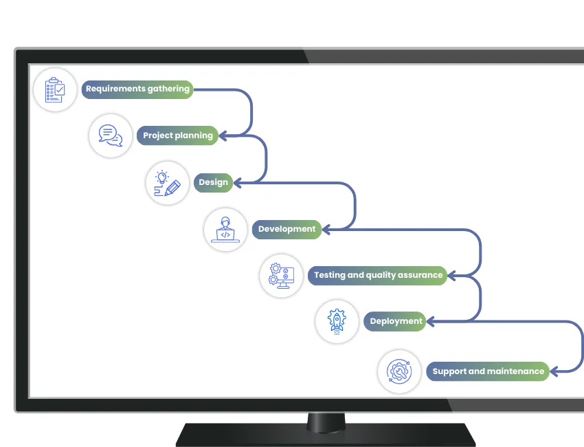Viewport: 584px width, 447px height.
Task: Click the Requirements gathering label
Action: pos(137,89)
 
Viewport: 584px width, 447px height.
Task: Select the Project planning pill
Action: pos(178,135)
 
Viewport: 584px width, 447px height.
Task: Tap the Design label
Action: pos(214,182)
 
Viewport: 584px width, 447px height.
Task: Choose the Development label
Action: pos(287,229)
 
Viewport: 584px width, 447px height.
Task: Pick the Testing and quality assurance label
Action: pos(378,276)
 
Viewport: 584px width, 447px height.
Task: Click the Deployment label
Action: pos(395,321)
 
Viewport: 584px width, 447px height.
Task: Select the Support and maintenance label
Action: pos(488,371)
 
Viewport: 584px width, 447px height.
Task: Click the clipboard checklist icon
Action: pos(55,90)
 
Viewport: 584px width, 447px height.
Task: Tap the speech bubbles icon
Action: pos(111,135)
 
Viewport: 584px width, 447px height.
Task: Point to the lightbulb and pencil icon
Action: pos(167,183)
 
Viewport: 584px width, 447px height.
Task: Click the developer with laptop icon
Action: pos(225,230)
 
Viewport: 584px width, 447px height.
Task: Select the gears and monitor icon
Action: pos(281,276)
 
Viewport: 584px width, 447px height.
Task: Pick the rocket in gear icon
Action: pos(337,321)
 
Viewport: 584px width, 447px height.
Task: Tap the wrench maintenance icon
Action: pos(399,371)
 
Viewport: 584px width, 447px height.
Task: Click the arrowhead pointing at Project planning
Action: pos(223,135)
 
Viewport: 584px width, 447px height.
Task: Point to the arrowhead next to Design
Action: pos(237,183)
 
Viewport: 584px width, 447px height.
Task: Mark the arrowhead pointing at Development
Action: pos(326,230)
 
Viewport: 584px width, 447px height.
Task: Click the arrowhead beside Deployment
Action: pos(431,321)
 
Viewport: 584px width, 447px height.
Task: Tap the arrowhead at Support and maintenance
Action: pos(554,371)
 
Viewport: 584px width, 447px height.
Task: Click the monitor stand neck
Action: pos(326,423)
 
